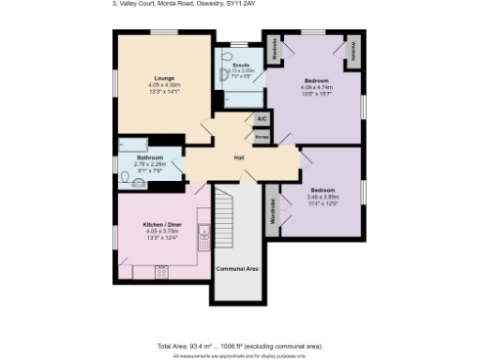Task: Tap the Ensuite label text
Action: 241,65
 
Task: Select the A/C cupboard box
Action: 262,119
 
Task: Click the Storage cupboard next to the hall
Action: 262,137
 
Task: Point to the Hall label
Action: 238,157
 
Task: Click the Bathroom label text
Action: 150,157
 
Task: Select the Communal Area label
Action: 237,268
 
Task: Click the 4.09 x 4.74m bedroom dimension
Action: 314,86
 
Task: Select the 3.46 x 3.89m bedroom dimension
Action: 323,197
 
